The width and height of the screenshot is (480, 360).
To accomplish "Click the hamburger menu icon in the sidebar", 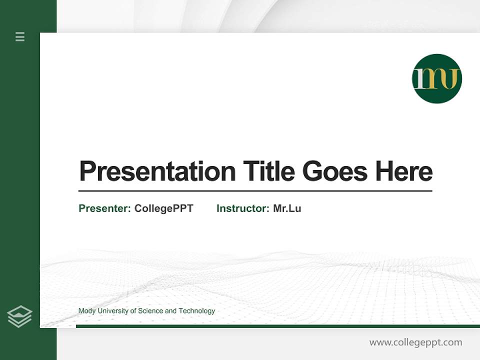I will coord(20,36).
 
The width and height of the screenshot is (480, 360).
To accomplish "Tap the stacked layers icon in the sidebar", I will coord(19,316).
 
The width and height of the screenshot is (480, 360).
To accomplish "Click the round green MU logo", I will coord(436,78).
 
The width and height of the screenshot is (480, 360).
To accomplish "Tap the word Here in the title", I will coord(404,171).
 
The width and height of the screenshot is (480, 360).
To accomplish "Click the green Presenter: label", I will coord(105,208).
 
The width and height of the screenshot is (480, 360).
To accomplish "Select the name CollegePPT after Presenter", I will coord(164,208).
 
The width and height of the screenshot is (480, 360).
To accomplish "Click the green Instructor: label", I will coord(243,208).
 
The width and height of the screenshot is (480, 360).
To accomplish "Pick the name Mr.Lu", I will coord(287,208).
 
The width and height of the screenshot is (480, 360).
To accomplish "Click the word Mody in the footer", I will coord(87,311).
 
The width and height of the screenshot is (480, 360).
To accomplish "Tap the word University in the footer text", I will coord(112,311).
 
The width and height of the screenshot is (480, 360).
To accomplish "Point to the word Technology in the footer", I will coord(197,311).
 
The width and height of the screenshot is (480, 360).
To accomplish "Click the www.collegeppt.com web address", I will coord(415,342).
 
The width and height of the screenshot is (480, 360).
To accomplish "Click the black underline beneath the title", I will coord(255,191).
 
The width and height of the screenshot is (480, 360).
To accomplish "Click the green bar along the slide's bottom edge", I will coord(277,326).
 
